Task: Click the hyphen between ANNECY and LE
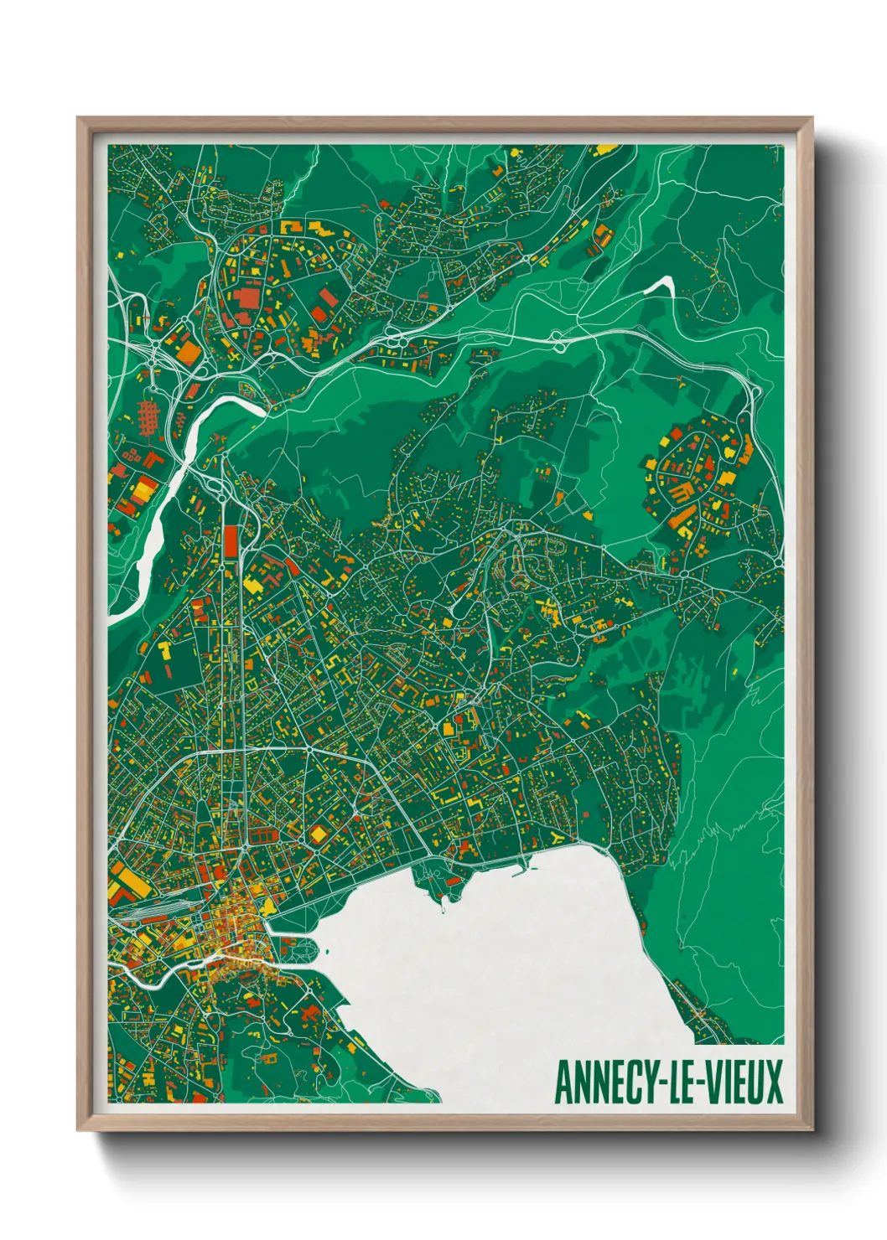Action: tap(655, 1083)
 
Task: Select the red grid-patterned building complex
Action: tap(148, 416)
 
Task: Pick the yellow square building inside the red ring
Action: tap(319, 834)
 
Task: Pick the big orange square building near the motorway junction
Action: tap(190, 352)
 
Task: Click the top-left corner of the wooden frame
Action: tap(79, 118)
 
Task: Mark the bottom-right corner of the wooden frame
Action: tap(812, 1129)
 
